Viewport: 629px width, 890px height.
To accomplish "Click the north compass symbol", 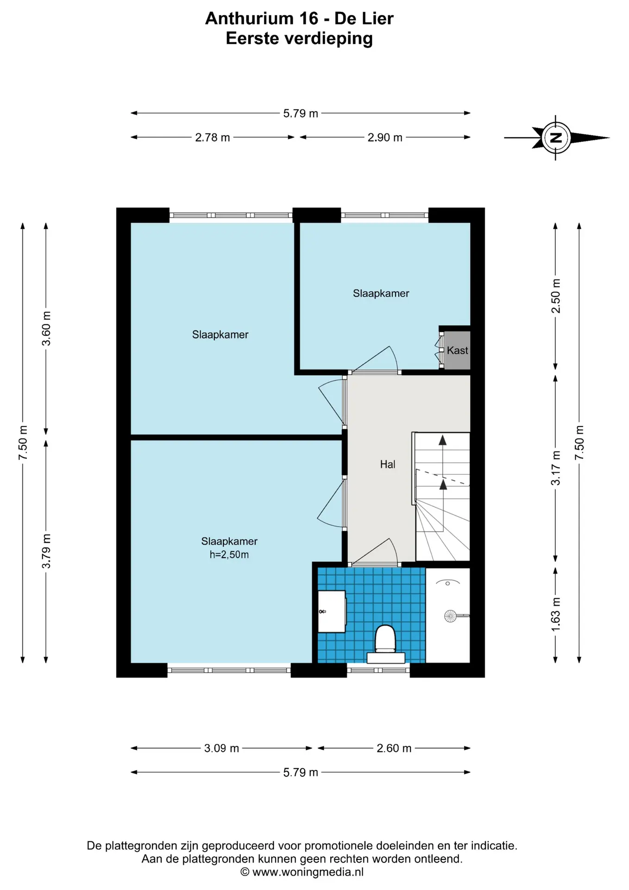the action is [x=556, y=138].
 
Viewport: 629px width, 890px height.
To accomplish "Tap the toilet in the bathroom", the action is [x=385, y=644].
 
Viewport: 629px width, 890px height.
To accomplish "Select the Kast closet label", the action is [x=457, y=350].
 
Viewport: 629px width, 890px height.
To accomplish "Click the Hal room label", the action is [x=388, y=464].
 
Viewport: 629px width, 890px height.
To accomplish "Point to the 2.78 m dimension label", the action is [x=213, y=138].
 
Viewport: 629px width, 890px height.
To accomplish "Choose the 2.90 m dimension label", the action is [x=385, y=138].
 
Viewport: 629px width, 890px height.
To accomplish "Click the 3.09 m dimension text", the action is [x=221, y=748].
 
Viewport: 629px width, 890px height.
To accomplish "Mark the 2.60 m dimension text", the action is [x=394, y=748].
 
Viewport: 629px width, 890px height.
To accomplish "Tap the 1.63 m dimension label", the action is [x=556, y=614].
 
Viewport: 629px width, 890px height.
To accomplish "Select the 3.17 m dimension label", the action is [x=556, y=468].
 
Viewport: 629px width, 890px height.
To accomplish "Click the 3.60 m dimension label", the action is [x=46, y=328].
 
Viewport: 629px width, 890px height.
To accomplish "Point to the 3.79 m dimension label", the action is [x=46, y=551].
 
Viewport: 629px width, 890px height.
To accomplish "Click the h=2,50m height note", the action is [x=229, y=555].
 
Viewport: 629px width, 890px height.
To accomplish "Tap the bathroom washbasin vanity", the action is [x=332, y=611].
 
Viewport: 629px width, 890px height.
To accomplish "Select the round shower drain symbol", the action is [x=450, y=616].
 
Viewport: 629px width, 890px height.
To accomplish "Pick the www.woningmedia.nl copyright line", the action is [x=302, y=872].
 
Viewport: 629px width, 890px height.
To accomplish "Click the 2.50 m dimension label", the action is [x=556, y=296].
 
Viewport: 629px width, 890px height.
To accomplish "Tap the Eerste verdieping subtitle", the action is [x=299, y=38].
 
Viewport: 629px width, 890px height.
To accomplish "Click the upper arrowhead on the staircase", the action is [x=443, y=440].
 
